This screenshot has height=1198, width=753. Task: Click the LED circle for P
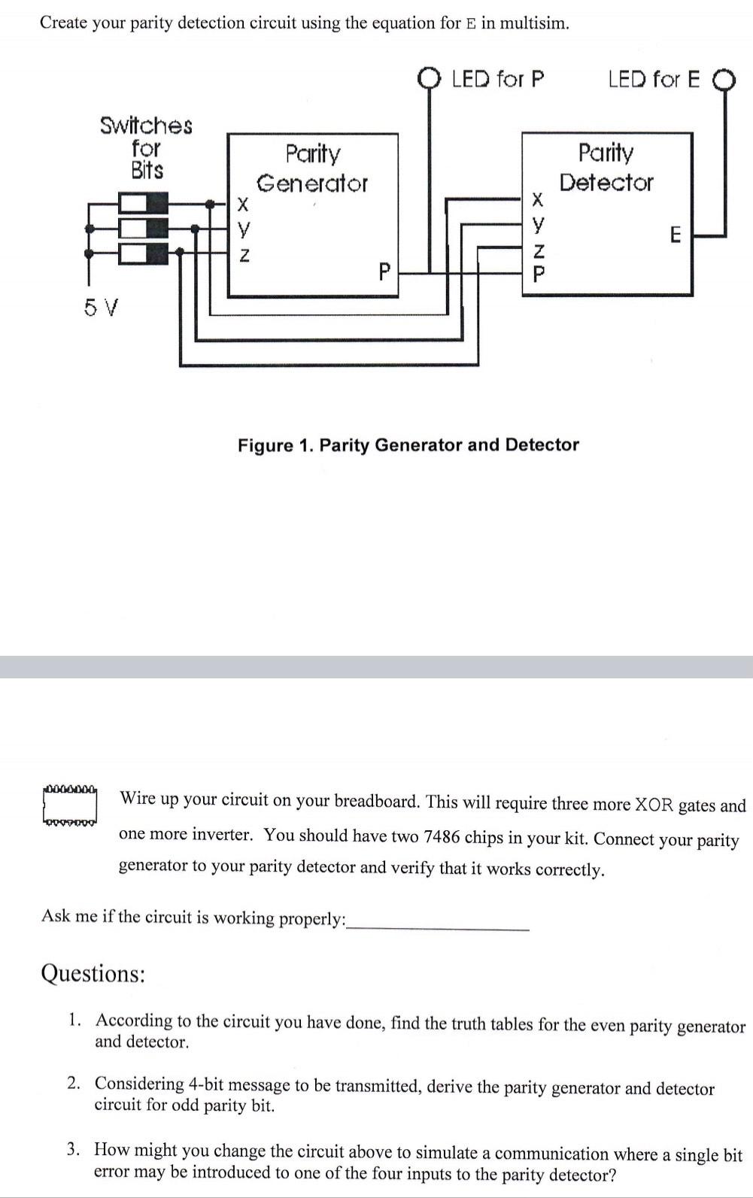(x=430, y=78)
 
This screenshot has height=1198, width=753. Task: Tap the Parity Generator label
(x=312, y=168)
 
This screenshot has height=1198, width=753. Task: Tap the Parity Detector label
(x=606, y=167)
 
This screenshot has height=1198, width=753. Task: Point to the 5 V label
(x=101, y=307)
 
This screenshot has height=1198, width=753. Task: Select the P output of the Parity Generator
(x=384, y=270)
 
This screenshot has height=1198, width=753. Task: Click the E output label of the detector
(x=675, y=235)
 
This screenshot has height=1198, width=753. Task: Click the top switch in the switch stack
(x=143, y=203)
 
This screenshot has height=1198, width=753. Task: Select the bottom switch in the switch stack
(x=143, y=253)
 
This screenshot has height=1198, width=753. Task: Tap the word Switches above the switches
(x=146, y=126)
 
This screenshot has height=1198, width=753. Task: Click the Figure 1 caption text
(x=408, y=445)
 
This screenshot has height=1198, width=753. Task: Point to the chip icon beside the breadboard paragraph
(x=70, y=807)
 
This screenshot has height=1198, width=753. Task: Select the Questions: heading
(x=93, y=974)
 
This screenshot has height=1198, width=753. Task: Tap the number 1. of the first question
(x=74, y=1021)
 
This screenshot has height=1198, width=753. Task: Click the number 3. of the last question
(x=73, y=1149)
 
